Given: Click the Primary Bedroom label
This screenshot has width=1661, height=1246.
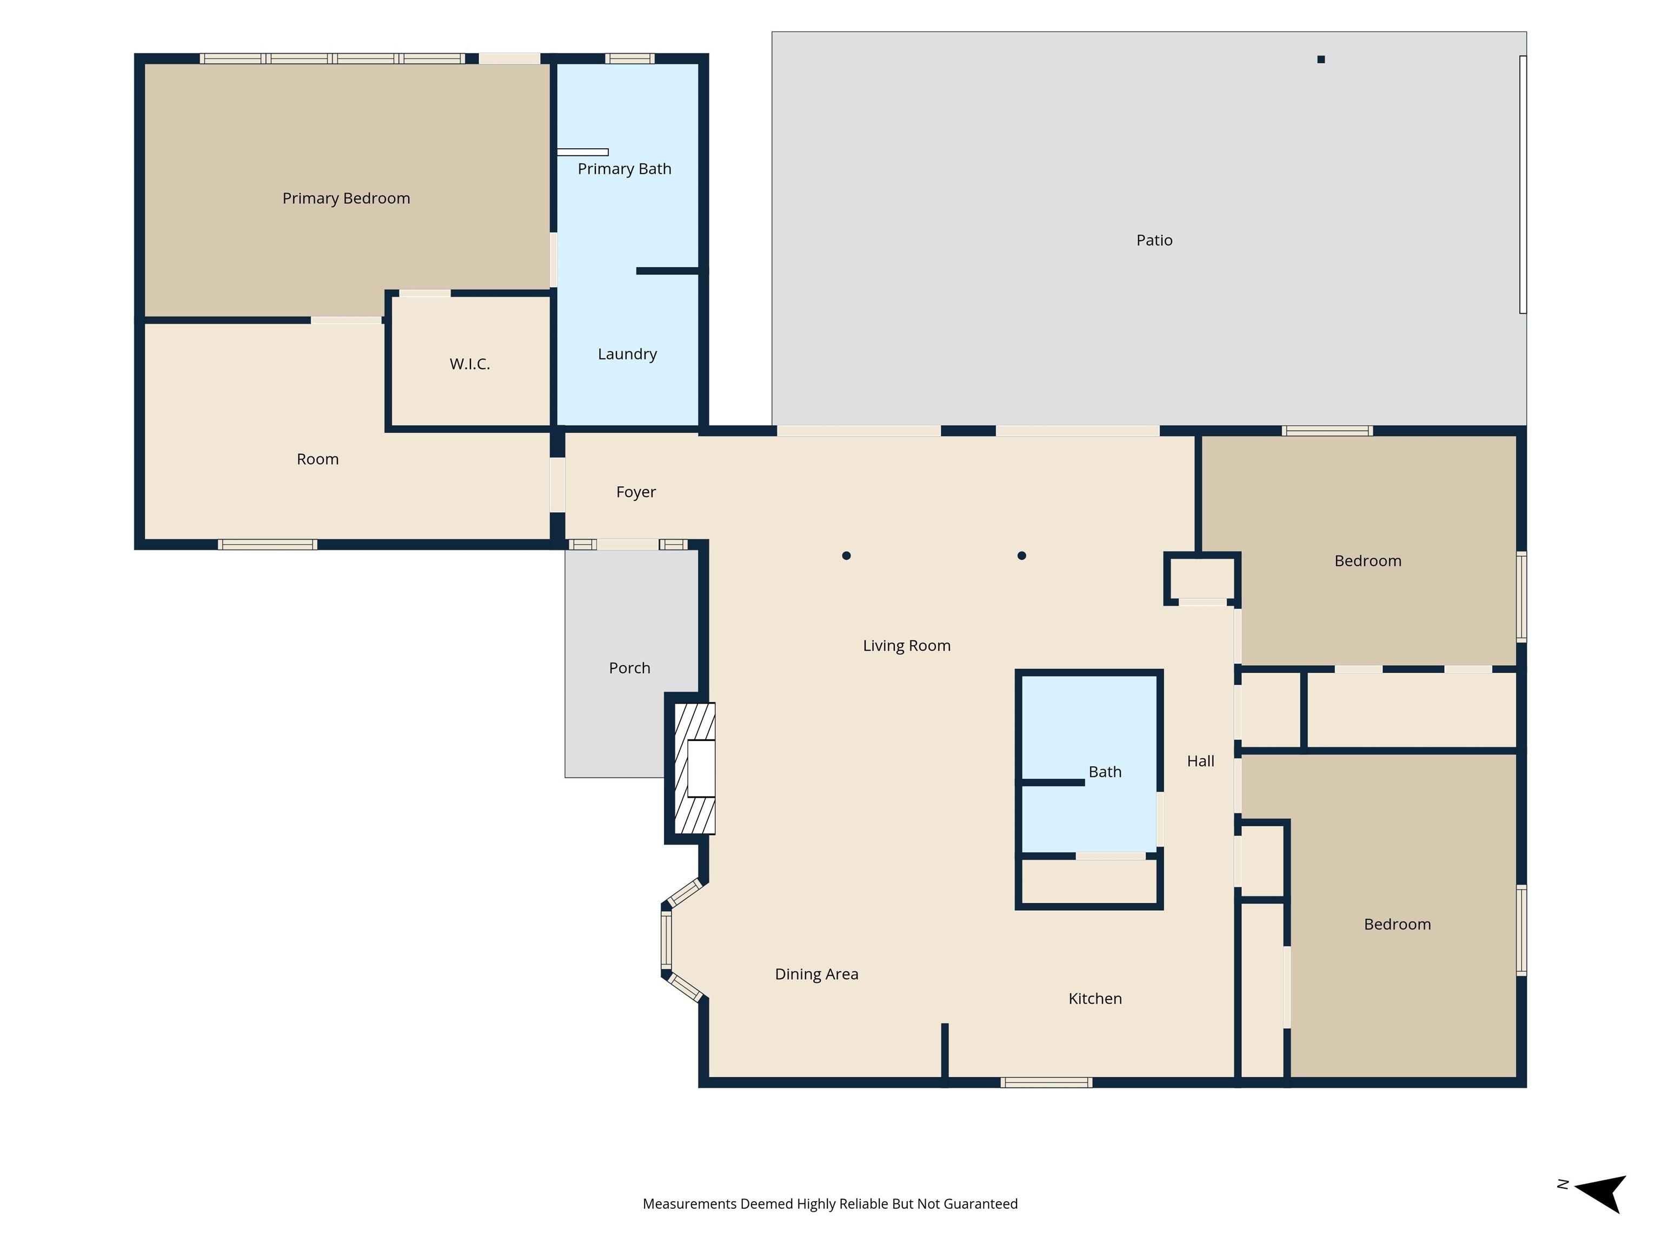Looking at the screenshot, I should point(346,198).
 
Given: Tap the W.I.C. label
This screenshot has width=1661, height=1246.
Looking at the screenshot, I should point(469,364).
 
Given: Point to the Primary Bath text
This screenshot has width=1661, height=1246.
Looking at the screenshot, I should point(624,169).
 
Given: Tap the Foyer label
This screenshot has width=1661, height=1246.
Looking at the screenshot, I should point(635,492).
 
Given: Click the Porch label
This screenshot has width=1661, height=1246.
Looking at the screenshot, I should point(629,668).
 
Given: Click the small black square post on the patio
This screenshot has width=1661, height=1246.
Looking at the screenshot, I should point(1321,59).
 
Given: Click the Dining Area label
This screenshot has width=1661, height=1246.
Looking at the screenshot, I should point(816,974).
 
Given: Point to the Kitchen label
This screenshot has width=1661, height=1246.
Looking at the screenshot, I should point(1095,999).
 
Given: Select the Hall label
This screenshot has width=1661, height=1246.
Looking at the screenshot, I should point(1200,761).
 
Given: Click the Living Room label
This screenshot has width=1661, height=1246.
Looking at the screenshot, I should point(906,646).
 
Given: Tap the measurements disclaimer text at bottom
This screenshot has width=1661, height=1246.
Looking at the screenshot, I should point(830,1204).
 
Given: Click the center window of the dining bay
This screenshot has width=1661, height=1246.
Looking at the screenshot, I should point(666,939).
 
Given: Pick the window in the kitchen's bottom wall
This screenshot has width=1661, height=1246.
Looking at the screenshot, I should point(1046,1082).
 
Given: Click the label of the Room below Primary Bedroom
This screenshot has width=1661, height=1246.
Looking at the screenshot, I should point(317,460).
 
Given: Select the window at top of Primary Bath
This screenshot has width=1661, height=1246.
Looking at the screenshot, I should point(629,58).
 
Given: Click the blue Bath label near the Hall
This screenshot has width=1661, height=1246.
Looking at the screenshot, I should point(1105,772).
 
